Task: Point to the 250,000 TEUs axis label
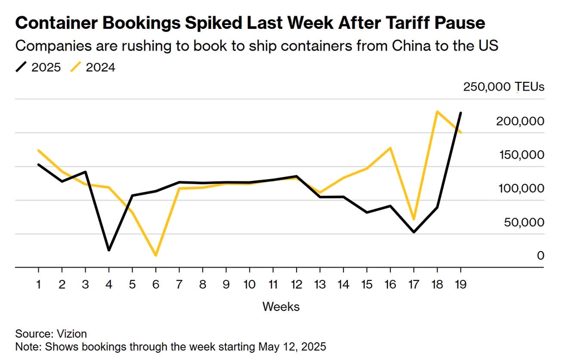[504, 87]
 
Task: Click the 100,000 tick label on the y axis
[520, 189]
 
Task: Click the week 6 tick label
[156, 284]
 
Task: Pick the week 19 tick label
[460, 284]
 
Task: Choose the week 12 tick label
[296, 284]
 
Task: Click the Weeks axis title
[281, 307]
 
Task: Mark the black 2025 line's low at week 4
[109, 250]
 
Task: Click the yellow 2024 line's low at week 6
[156, 255]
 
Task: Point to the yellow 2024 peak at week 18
[437, 111]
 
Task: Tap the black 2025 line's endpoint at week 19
[460, 113]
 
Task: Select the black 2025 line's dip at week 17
[414, 232]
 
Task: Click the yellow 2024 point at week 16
[390, 148]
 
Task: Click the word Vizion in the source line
[72, 334]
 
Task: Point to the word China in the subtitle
[406, 46]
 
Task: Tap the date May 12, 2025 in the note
[292, 347]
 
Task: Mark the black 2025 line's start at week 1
[38, 165]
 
